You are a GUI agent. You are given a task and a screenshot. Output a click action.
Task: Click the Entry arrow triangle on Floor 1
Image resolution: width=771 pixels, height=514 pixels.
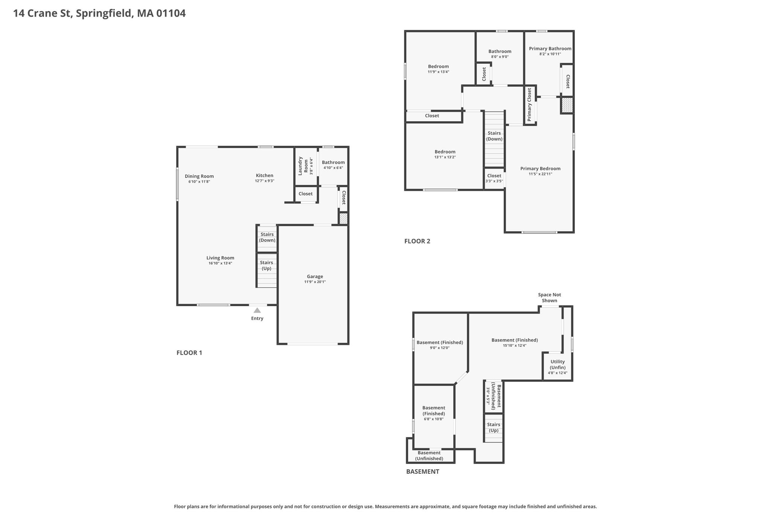point(257,310)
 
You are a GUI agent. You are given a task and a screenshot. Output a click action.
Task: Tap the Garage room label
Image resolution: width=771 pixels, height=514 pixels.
point(315,276)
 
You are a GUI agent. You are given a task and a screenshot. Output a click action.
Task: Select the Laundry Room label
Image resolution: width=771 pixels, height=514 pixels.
point(303,166)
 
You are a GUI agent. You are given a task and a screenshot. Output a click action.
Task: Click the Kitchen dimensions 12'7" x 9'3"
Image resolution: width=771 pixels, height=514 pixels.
point(265,181)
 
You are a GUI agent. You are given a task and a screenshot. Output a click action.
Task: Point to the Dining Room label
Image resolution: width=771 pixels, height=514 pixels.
point(199,176)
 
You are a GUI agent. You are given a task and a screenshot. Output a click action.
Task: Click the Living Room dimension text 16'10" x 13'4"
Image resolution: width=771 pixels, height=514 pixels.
point(220,263)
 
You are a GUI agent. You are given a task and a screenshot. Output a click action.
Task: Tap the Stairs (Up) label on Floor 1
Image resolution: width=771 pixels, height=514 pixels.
point(267,265)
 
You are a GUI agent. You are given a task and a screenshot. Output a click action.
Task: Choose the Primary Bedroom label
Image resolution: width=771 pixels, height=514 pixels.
point(540,169)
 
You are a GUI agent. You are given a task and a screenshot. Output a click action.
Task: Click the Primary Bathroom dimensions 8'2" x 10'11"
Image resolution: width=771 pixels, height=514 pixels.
point(550,54)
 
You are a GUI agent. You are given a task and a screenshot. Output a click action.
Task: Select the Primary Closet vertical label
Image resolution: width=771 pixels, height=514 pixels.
point(529,105)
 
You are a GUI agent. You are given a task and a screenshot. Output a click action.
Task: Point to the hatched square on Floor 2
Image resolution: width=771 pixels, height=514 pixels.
point(567,105)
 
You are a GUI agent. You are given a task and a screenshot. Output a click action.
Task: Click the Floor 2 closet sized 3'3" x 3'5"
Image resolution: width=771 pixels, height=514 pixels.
point(494,178)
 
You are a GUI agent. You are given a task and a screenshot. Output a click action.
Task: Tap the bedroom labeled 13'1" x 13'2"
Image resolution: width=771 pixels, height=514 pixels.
point(445,154)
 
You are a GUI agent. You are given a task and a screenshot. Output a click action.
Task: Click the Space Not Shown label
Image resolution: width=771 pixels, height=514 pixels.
point(549,297)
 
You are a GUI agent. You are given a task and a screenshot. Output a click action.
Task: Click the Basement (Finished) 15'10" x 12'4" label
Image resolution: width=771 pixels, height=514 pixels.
point(515,342)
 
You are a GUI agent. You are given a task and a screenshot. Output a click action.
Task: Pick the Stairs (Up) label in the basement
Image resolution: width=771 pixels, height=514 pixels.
point(494,427)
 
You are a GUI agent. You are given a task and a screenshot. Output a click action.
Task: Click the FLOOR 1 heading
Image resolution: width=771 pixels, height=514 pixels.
point(189,353)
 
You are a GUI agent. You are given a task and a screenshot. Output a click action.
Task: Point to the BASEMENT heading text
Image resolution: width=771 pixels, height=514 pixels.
point(422,471)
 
